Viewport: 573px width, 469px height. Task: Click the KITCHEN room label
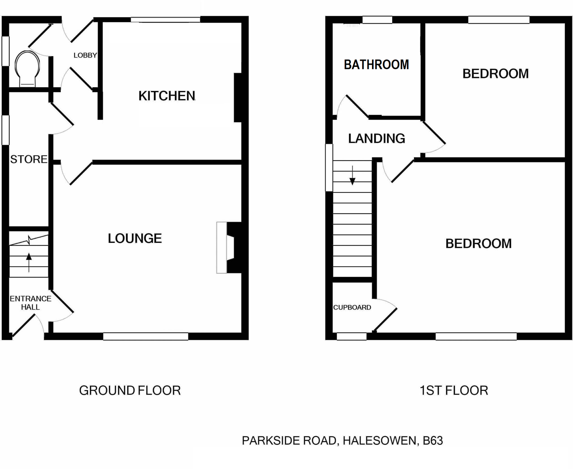[x=167, y=96]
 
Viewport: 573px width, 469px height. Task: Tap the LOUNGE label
[x=135, y=238]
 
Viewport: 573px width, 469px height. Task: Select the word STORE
[x=29, y=159]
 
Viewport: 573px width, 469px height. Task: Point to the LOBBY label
[x=85, y=55]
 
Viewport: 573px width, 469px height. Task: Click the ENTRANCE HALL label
[x=30, y=303]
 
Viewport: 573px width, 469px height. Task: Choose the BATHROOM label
[x=376, y=65]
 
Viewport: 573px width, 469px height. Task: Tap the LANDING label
[x=376, y=138]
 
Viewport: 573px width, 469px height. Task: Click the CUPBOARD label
[x=352, y=307]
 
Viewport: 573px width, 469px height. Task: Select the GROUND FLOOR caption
[x=130, y=390]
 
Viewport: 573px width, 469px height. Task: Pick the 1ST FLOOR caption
[x=454, y=390]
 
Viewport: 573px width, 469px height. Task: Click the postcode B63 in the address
[x=433, y=440]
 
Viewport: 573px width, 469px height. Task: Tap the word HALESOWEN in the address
[x=380, y=440]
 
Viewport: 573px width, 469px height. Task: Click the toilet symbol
[x=27, y=69]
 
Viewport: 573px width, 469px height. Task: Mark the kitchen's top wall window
[x=165, y=20]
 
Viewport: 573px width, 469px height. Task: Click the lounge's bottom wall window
[x=145, y=336]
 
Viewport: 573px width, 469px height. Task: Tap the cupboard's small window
[x=352, y=336]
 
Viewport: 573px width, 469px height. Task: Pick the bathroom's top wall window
[x=377, y=20]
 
